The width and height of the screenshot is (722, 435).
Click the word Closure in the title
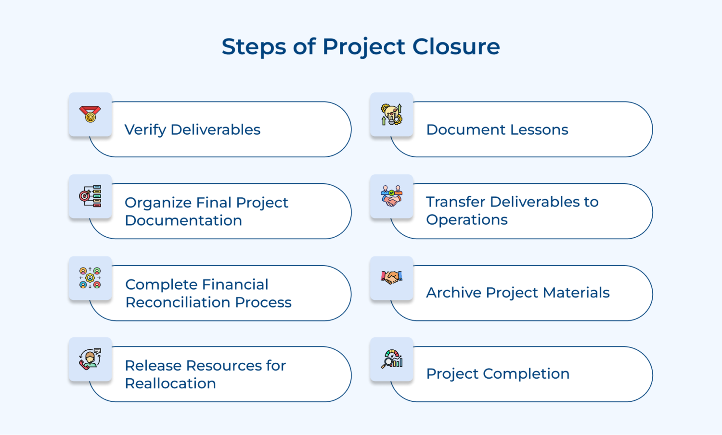[x=456, y=47]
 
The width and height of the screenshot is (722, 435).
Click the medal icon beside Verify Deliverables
[x=90, y=115]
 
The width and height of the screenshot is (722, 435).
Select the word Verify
[x=145, y=130]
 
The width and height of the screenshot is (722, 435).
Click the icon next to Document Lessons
[x=391, y=115]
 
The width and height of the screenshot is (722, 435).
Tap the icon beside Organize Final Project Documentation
[x=90, y=196]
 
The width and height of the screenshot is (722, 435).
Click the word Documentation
[x=183, y=220]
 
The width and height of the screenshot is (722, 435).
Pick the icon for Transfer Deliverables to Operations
[x=391, y=196]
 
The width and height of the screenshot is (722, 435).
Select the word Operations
[x=467, y=220]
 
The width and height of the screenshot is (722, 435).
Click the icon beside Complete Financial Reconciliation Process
[x=90, y=278]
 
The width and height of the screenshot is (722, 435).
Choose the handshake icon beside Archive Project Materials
[x=391, y=277]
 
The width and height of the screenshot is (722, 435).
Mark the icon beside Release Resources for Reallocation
[x=90, y=359]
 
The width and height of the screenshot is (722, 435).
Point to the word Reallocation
[x=170, y=384]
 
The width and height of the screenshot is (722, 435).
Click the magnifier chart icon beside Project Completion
[x=391, y=359]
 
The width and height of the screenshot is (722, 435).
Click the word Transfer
[x=455, y=202]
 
